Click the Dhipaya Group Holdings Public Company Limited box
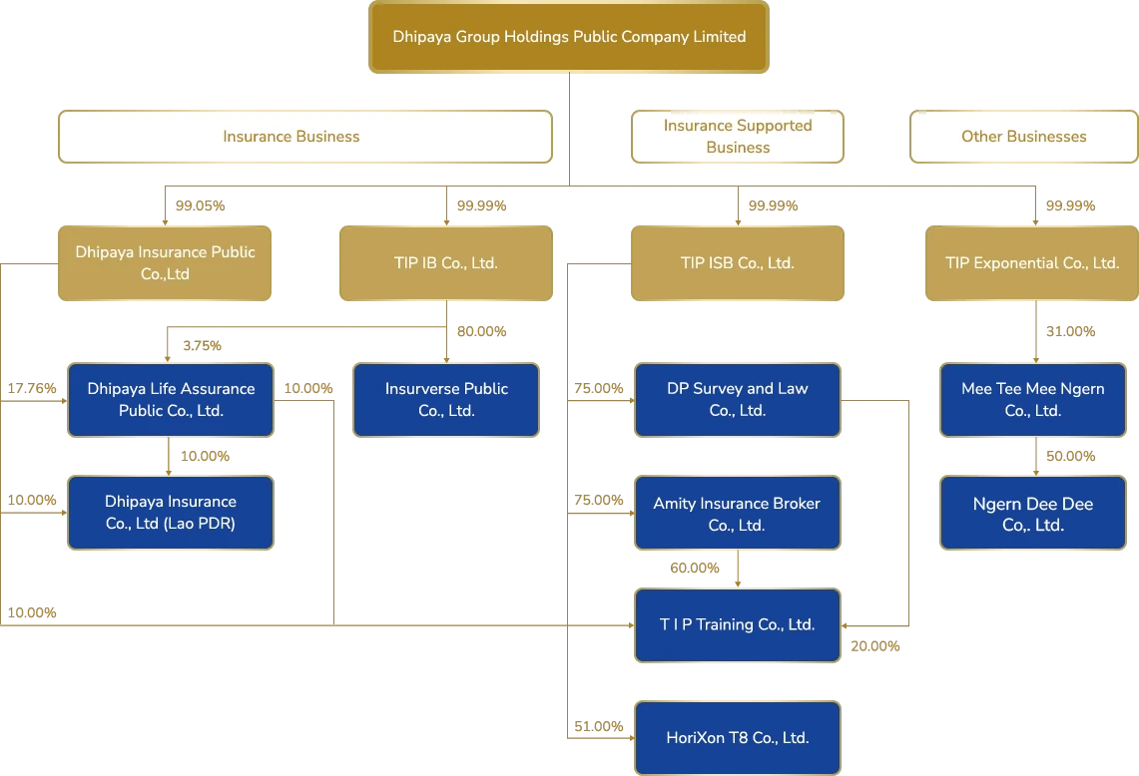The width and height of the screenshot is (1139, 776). [569, 37]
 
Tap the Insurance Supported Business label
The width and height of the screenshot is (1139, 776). [738, 137]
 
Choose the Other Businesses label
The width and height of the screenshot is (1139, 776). [1023, 137]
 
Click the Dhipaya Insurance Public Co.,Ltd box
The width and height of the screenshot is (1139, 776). [165, 263]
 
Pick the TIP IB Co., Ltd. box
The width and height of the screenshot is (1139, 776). [445, 263]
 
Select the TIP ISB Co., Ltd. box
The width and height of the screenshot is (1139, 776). [737, 263]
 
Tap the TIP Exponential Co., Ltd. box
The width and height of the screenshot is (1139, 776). [1032, 263]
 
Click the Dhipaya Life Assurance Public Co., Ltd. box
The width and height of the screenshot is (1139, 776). [171, 400]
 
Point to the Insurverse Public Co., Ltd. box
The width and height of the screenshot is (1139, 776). [446, 400]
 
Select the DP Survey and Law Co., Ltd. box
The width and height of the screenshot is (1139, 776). [738, 400]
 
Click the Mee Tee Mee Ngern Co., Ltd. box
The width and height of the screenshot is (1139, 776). [1032, 400]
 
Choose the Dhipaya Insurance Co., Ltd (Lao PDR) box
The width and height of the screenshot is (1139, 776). [171, 513]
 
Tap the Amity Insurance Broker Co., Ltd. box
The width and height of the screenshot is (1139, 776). [738, 514]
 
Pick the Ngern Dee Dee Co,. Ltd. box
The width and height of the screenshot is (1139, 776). [1032, 514]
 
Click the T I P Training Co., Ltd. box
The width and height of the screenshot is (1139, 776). [738, 625]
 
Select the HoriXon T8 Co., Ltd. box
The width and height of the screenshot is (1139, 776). [738, 738]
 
